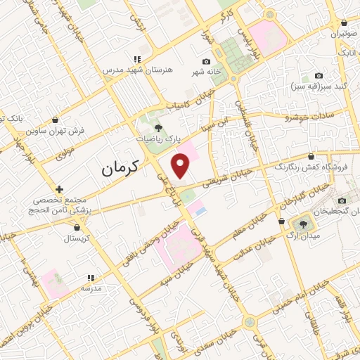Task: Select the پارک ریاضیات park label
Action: click(157, 139)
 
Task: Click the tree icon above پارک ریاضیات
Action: click(157, 127)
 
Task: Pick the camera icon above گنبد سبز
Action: click(319, 75)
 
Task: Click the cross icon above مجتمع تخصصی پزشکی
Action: click(60, 189)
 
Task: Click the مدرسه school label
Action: click(91, 288)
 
